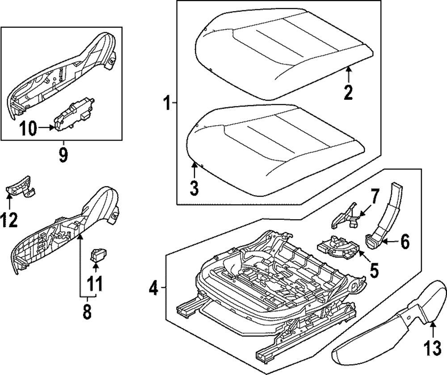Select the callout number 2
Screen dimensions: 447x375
pos(348,93)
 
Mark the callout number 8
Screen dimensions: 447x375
pos(87,311)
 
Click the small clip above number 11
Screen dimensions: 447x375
pos(98,255)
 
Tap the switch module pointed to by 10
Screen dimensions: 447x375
pos(74,114)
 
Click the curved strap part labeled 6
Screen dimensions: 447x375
pos(384,215)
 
